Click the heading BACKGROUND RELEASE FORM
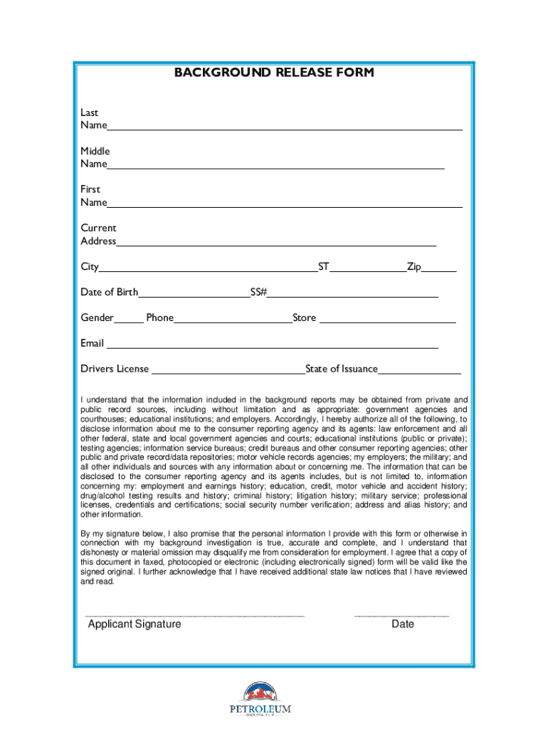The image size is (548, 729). click(x=274, y=73)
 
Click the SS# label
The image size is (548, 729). click(x=258, y=293)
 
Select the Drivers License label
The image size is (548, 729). click(x=115, y=369)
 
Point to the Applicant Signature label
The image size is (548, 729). click(x=135, y=624)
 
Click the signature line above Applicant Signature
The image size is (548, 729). click(x=194, y=614)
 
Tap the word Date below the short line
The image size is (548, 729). click(x=402, y=624)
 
